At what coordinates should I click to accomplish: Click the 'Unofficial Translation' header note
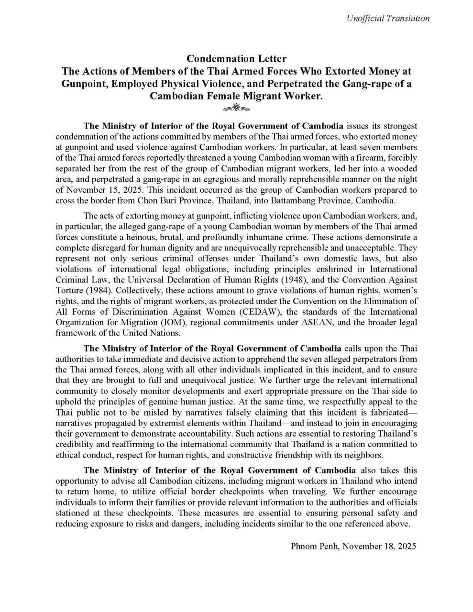click(x=388, y=19)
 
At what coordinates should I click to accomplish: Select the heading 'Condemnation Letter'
click(x=236, y=59)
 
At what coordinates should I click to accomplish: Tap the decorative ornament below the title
click(x=236, y=107)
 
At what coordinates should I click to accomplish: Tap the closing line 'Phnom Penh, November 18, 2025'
click(x=353, y=546)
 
